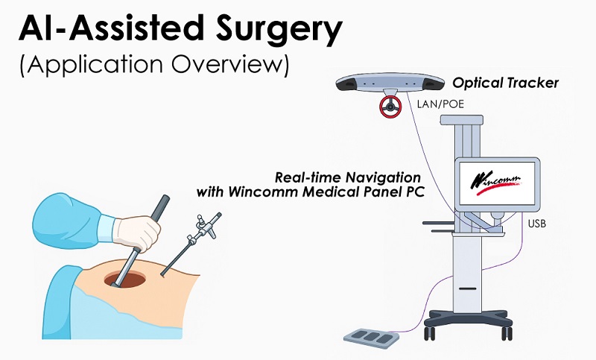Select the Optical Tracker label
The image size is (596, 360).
click(505, 83)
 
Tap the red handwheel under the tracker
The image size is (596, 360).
click(390, 107)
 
